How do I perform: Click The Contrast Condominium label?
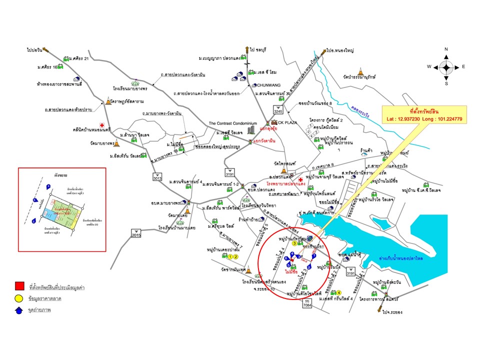click(x=232, y=123)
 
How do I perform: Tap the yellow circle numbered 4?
click(x=339, y=292)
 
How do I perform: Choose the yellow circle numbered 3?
click(x=294, y=243)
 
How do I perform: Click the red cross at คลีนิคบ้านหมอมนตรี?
click(x=102, y=125)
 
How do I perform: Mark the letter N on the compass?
click(x=446, y=49)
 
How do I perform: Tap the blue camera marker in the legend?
click(x=19, y=310)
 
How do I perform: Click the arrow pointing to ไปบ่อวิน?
click(x=44, y=49)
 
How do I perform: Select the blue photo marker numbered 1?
click(x=314, y=255)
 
